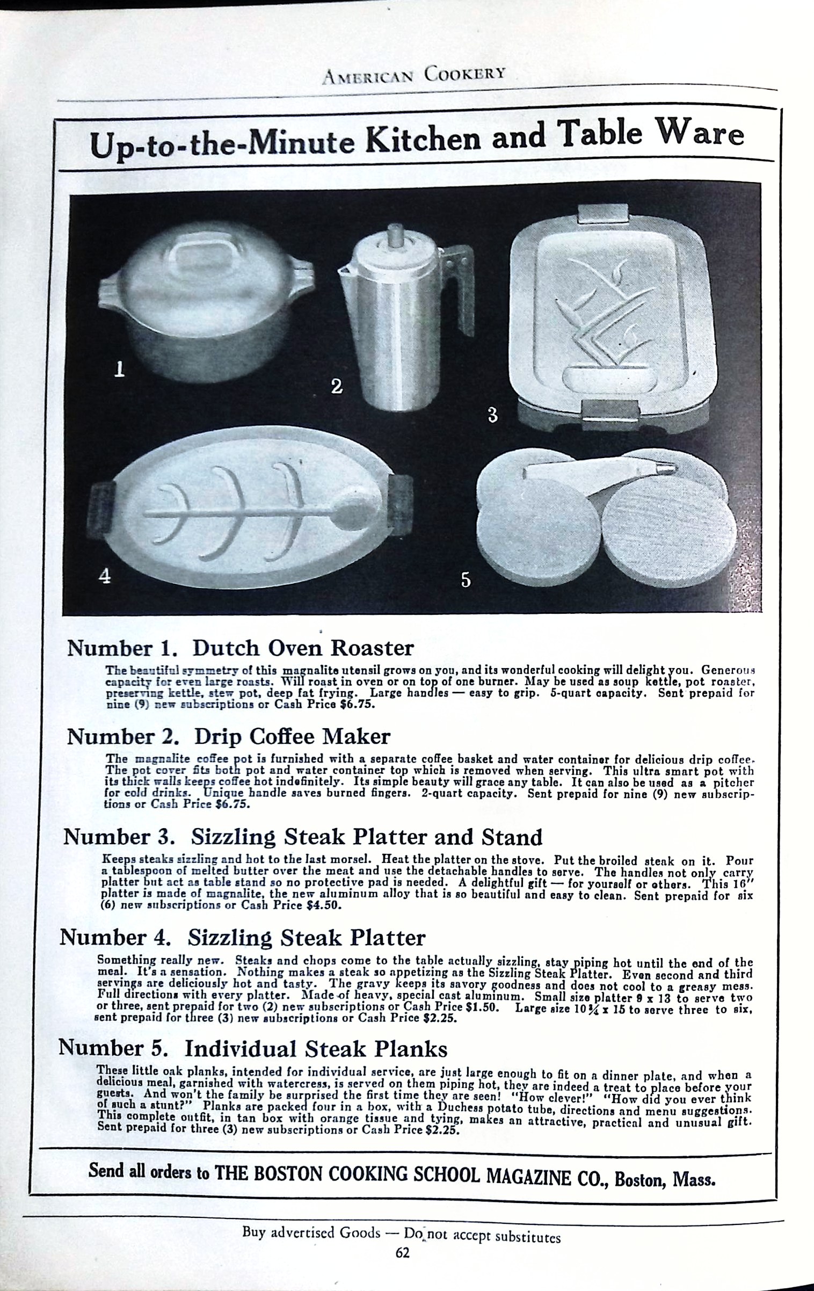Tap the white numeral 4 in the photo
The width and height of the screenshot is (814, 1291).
click(106, 575)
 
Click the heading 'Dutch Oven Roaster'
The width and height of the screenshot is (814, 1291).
click(303, 648)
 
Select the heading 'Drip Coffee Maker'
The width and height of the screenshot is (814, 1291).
click(292, 736)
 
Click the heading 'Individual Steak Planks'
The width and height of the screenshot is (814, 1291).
click(316, 1048)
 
